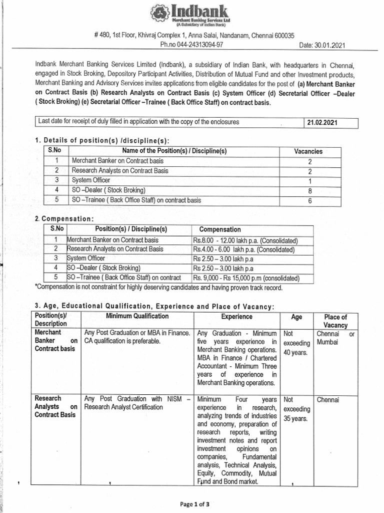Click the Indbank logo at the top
pos(192,15)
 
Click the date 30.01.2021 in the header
pos(322,45)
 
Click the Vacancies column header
pos(308,151)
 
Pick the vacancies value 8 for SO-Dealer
pos(309,190)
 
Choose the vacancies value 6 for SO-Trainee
pos(309,200)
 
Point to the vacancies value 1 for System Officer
pos(309,180)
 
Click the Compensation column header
pos(220,229)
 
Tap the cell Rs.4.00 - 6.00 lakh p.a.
pos(243,249)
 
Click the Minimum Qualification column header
pos(137,317)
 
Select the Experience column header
pos(237,317)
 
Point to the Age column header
pos(296,317)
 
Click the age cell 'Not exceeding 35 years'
pos(296,409)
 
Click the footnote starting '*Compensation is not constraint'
pos(158,288)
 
